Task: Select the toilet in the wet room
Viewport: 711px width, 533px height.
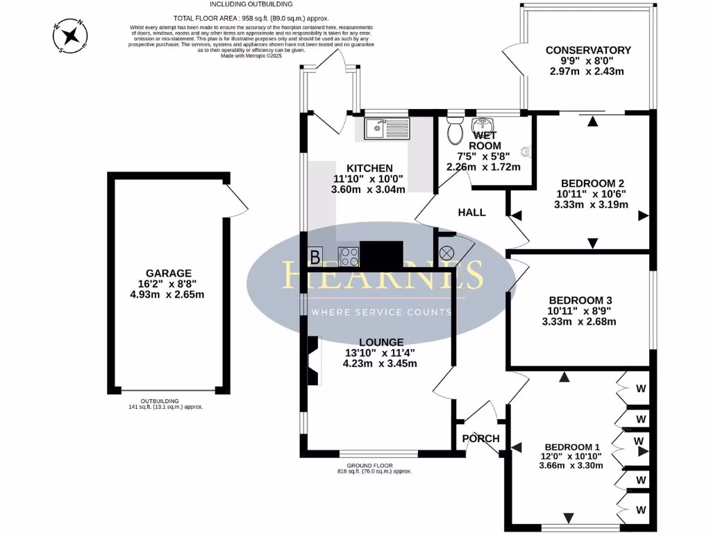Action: tap(455, 129)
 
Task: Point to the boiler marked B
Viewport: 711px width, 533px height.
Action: tap(315, 257)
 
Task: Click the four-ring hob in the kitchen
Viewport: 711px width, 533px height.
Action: tap(348, 255)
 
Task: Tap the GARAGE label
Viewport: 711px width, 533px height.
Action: tap(169, 273)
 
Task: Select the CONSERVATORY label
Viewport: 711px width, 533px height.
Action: tap(588, 50)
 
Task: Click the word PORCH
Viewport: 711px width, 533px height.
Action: tap(480, 439)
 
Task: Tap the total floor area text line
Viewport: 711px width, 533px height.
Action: tap(250, 17)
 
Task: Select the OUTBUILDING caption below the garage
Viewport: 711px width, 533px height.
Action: tap(160, 401)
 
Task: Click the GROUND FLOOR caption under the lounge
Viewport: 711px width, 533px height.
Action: tap(370, 465)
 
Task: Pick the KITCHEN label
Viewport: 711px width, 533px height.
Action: tap(369, 168)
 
